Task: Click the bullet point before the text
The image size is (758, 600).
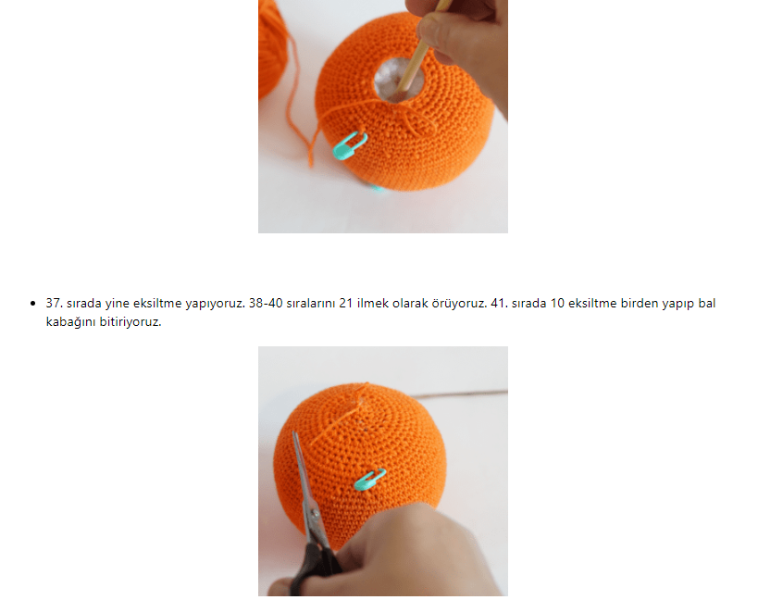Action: (x=33, y=304)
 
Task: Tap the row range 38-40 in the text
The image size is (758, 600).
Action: (x=266, y=303)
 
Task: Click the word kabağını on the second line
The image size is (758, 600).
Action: (x=70, y=322)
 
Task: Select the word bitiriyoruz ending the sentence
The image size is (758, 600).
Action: (x=130, y=321)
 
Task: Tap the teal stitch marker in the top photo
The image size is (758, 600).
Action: (x=350, y=145)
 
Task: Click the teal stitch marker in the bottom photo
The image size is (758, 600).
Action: (x=370, y=479)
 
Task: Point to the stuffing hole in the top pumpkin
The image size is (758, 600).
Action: (x=398, y=80)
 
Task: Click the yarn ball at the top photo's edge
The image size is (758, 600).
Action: (x=272, y=49)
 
